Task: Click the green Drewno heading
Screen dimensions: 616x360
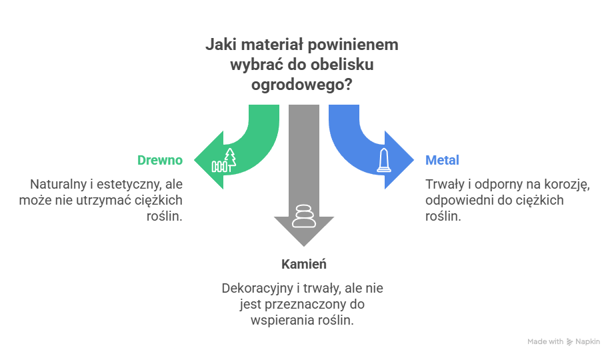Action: [160, 161]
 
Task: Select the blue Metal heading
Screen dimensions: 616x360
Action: [442, 161]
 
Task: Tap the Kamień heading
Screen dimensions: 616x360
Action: [304, 264]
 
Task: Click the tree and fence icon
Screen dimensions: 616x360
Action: [224, 161]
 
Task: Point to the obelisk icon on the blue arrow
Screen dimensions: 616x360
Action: [384, 161]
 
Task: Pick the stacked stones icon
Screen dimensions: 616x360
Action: [304, 216]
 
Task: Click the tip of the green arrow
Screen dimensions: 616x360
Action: [195, 160]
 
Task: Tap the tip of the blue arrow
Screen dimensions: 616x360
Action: [414, 160]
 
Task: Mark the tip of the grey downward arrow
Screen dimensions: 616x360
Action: [304, 247]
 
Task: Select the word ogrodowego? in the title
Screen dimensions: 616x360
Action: [302, 85]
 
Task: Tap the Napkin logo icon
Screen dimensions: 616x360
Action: [569, 342]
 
